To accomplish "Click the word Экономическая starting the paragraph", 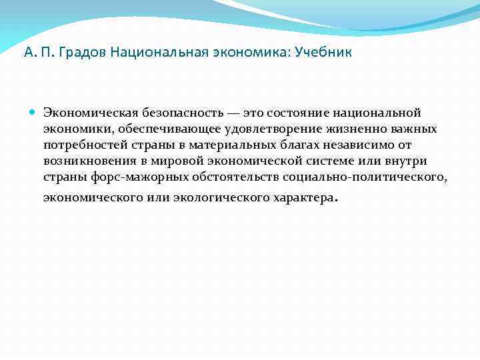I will (84, 113).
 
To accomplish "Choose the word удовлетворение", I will (248, 128).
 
